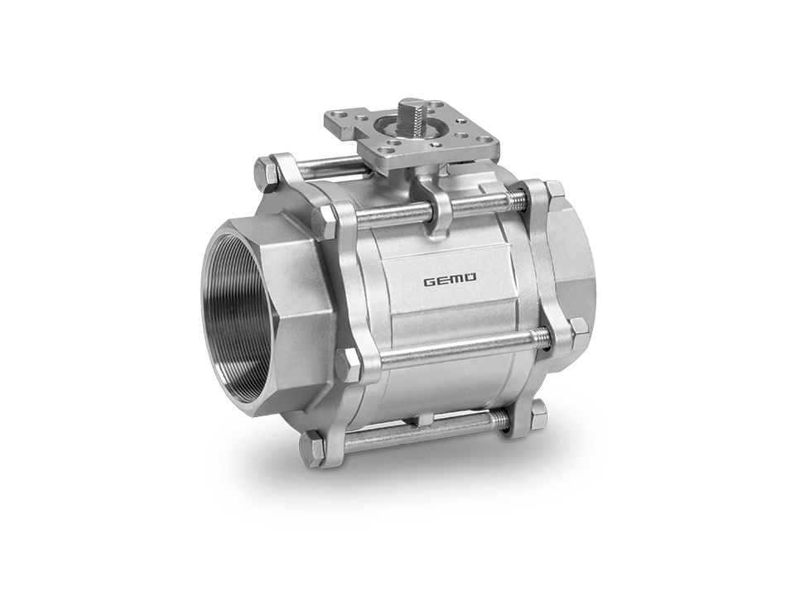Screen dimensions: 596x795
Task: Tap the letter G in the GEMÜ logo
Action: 430,281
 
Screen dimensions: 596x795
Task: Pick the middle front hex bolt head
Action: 349,363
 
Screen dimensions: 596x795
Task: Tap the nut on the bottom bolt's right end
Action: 539,411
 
